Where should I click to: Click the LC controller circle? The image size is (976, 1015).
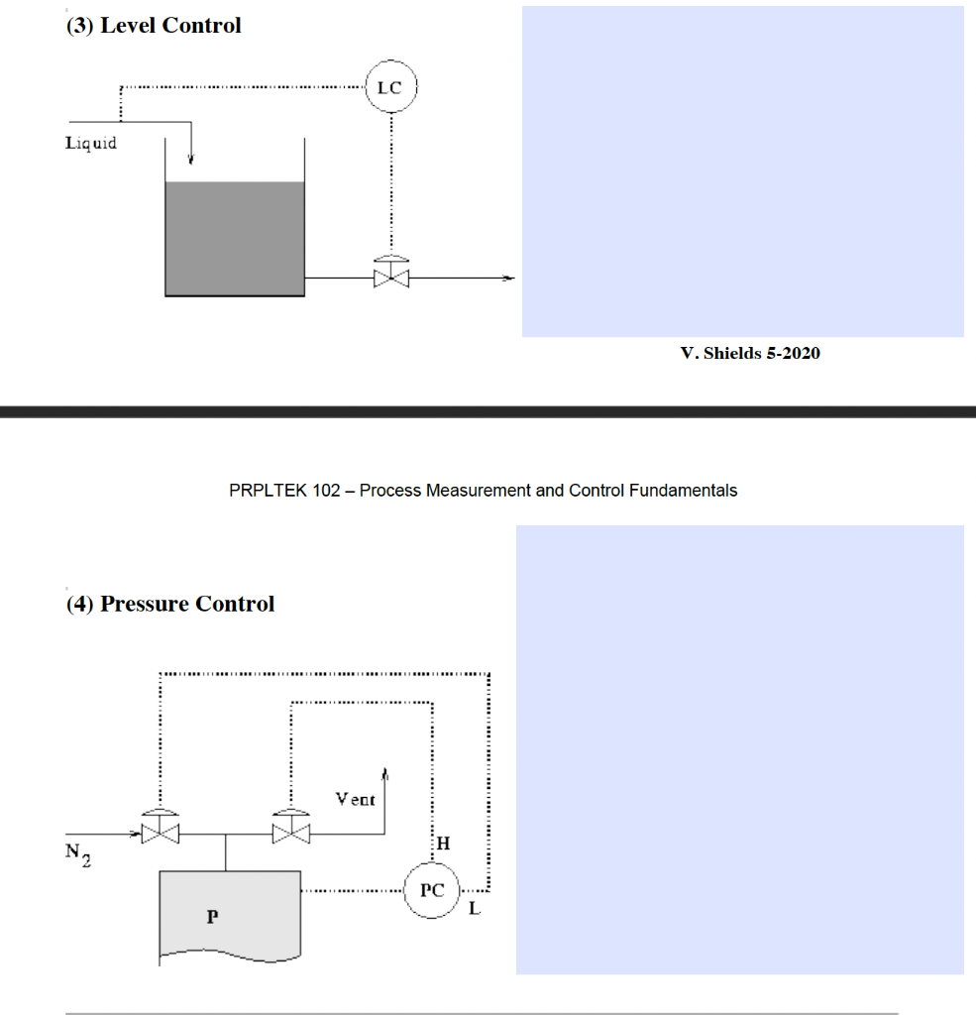point(390,87)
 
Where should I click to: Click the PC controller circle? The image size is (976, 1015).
point(431,890)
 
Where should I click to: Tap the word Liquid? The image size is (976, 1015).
point(91,143)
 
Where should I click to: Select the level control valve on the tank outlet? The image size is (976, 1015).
point(391,277)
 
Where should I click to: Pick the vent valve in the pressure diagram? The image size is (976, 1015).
point(290,831)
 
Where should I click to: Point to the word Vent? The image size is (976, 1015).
point(356,799)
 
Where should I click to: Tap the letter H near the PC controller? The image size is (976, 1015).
point(443,844)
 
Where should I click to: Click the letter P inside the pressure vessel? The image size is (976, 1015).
point(211,917)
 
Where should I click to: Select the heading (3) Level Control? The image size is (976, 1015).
point(154,26)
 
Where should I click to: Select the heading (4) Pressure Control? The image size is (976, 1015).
point(169,604)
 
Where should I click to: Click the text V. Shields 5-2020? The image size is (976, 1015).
point(750,353)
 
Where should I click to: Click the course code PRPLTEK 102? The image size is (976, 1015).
point(284,490)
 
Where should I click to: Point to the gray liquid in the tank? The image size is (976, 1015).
point(234,238)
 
